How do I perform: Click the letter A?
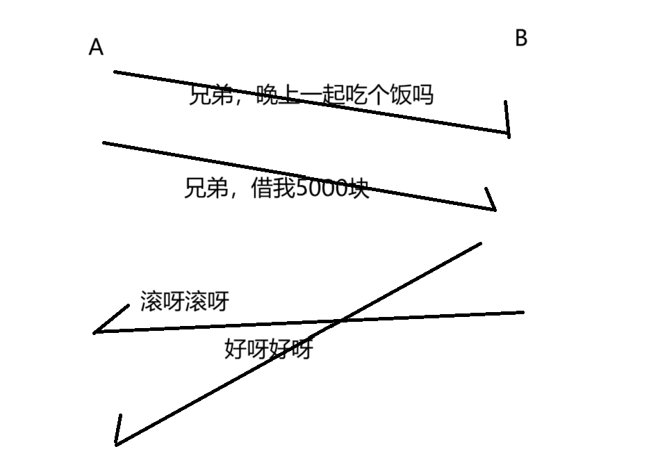(96, 47)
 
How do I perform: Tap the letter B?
(521, 38)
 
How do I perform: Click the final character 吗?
(422, 94)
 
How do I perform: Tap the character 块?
(359, 188)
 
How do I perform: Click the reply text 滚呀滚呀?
(184, 302)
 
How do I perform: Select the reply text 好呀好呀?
(268, 348)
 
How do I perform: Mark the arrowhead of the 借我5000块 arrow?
(494, 208)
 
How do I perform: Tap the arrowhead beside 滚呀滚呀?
(96, 332)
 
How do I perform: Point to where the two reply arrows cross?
(340, 321)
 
